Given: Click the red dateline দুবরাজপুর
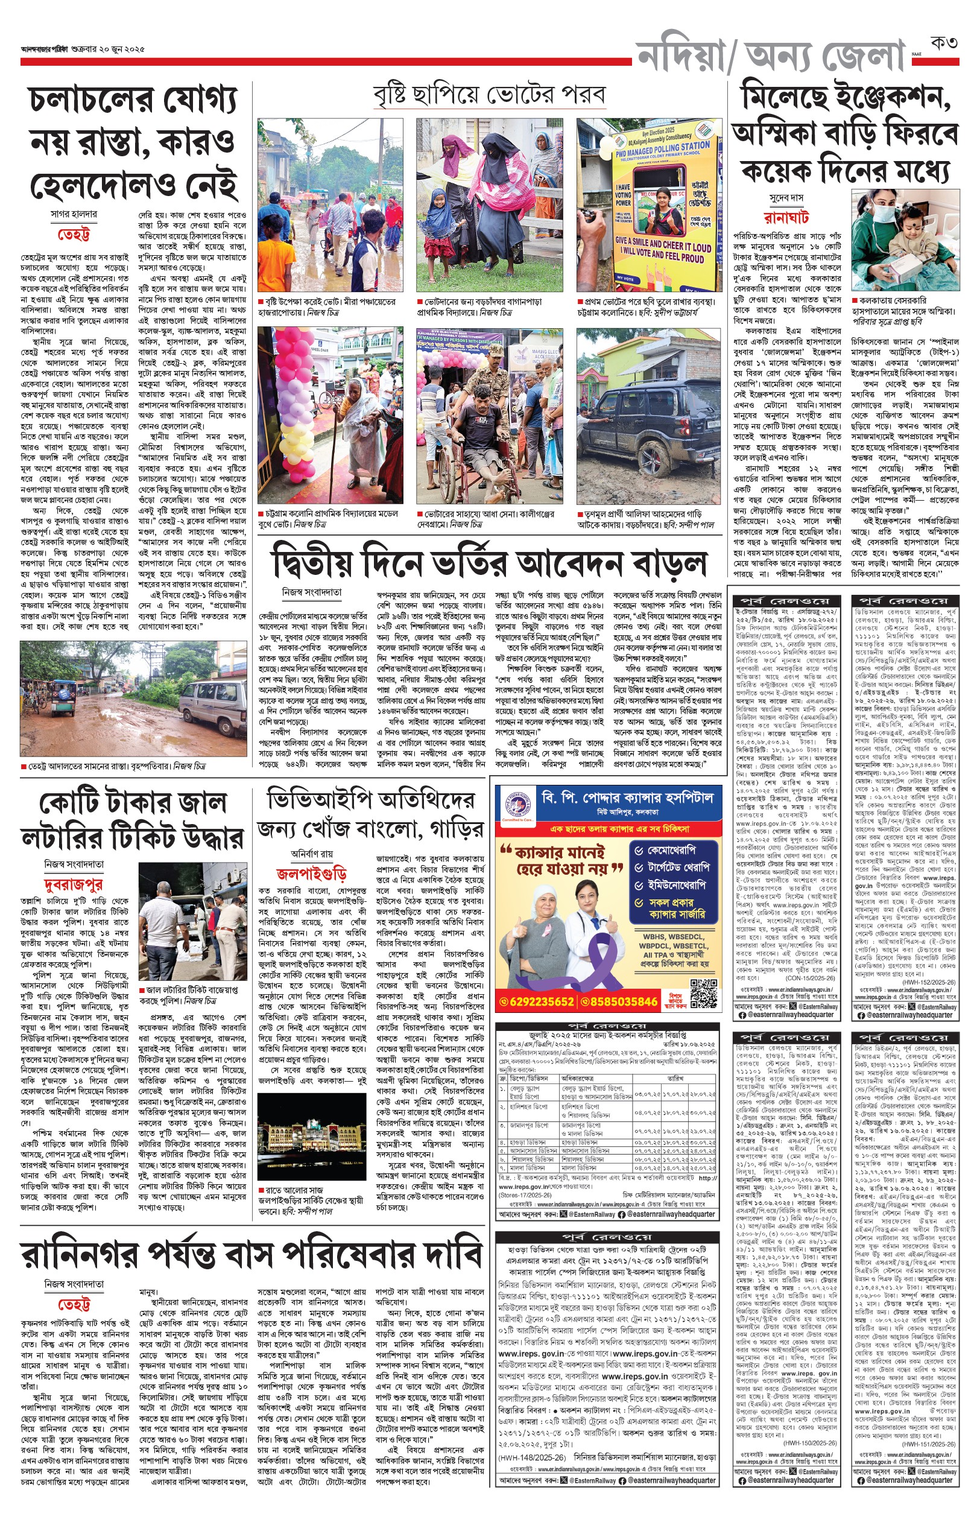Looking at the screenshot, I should click(x=73, y=884).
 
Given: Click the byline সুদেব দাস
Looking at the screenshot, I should click(x=786, y=198).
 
